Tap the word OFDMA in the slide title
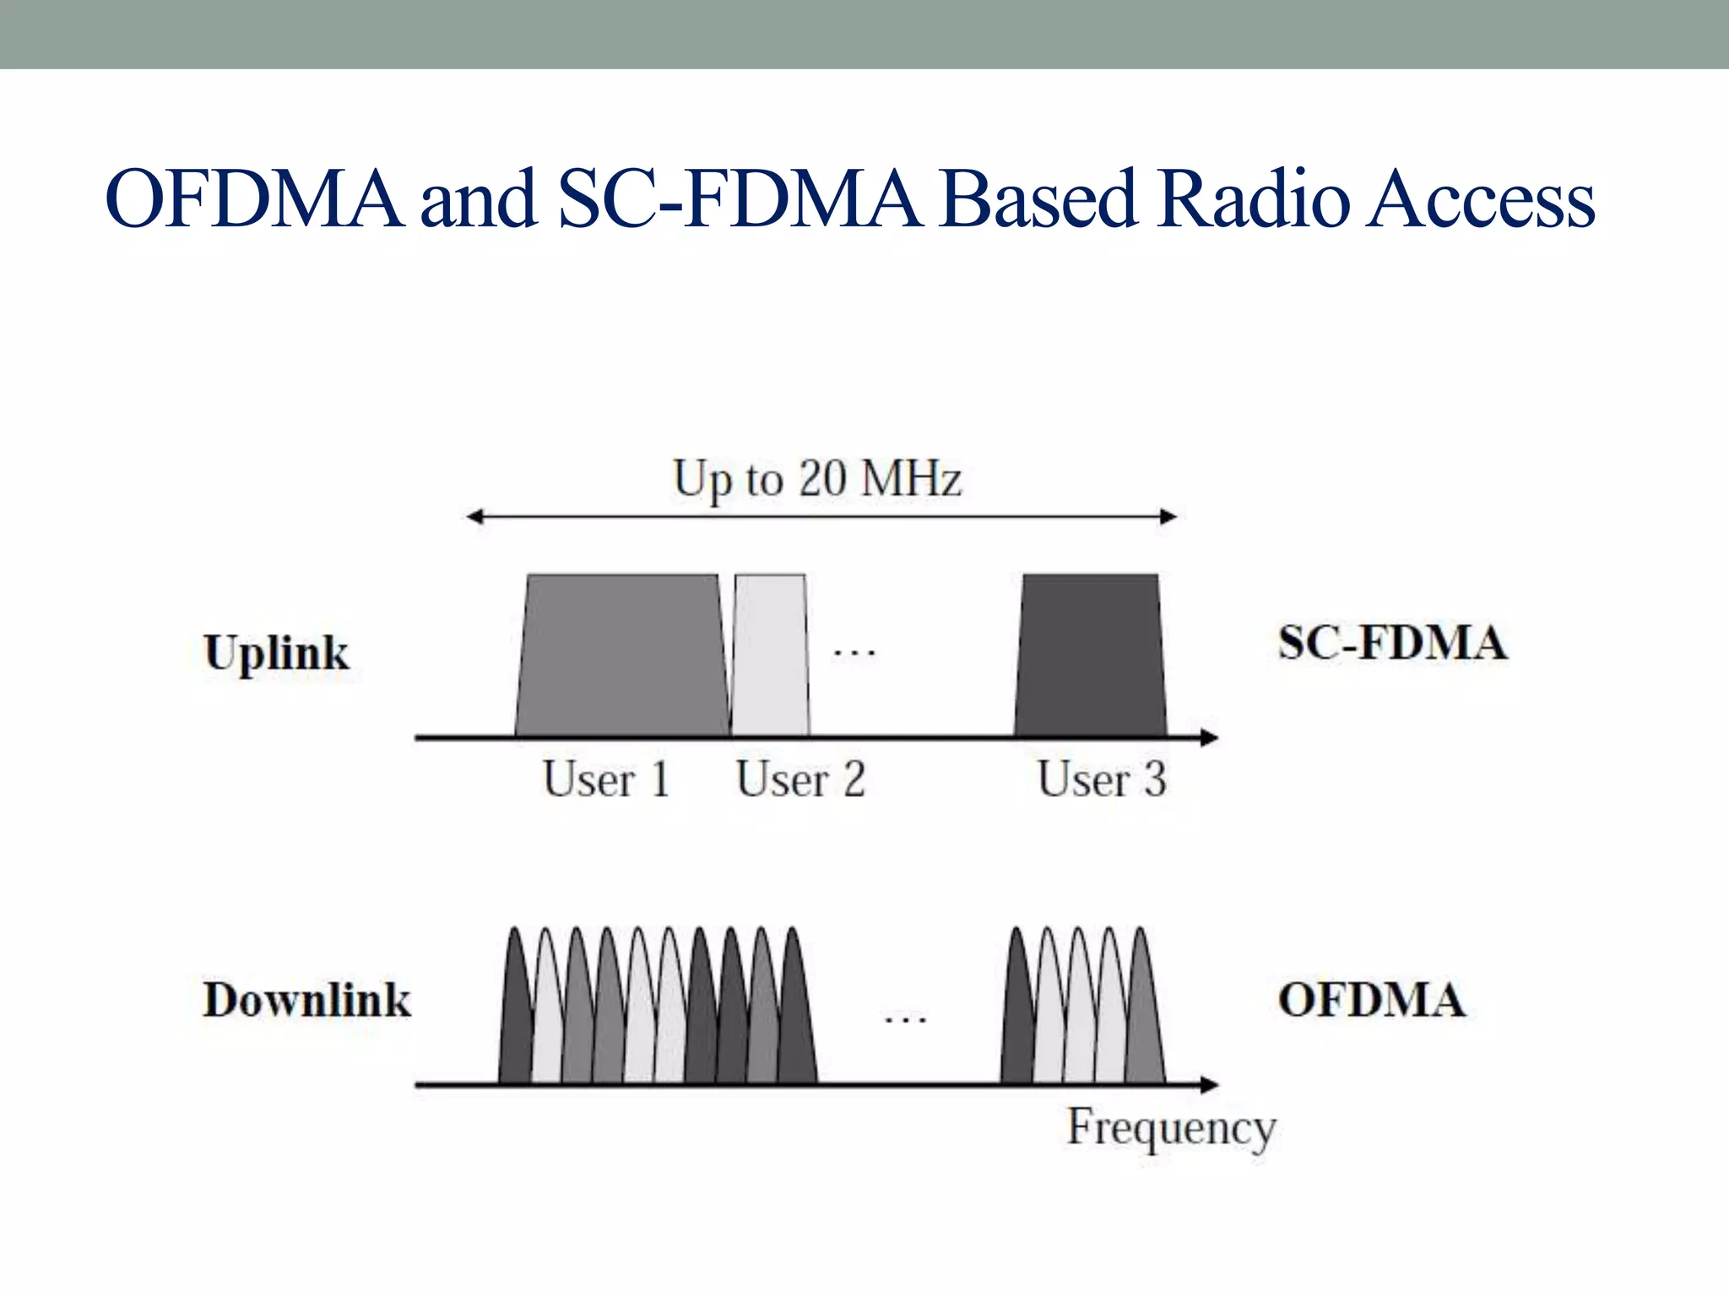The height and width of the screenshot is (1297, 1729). pyautogui.click(x=254, y=200)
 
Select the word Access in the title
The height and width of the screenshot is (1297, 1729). pyautogui.click(x=1482, y=200)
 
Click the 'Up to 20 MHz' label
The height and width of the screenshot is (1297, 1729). pyautogui.click(x=816, y=479)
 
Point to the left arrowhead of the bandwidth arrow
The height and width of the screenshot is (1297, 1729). pyautogui.click(x=475, y=517)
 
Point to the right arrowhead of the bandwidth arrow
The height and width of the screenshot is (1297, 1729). pyautogui.click(x=1168, y=517)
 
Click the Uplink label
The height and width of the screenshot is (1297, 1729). pyautogui.click(x=276, y=654)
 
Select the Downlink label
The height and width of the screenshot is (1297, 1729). pyautogui.click(x=306, y=1000)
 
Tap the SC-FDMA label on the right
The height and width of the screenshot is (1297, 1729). pyautogui.click(x=1391, y=643)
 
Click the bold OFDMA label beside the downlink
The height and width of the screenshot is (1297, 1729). pyautogui.click(x=1371, y=1000)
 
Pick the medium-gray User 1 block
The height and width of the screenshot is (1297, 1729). pyautogui.click(x=621, y=657)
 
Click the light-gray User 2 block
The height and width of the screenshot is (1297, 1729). pyautogui.click(x=770, y=657)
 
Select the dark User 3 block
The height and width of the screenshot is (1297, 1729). pyautogui.click(x=1090, y=657)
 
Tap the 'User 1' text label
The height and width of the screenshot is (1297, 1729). pyautogui.click(x=606, y=779)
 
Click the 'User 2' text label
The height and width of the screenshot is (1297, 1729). pyautogui.click(x=800, y=779)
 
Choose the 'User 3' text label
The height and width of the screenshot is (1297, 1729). pyautogui.click(x=1102, y=779)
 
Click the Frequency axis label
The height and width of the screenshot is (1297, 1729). pyautogui.click(x=1171, y=1127)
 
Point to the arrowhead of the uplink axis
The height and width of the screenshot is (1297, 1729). pyautogui.click(x=1210, y=738)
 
